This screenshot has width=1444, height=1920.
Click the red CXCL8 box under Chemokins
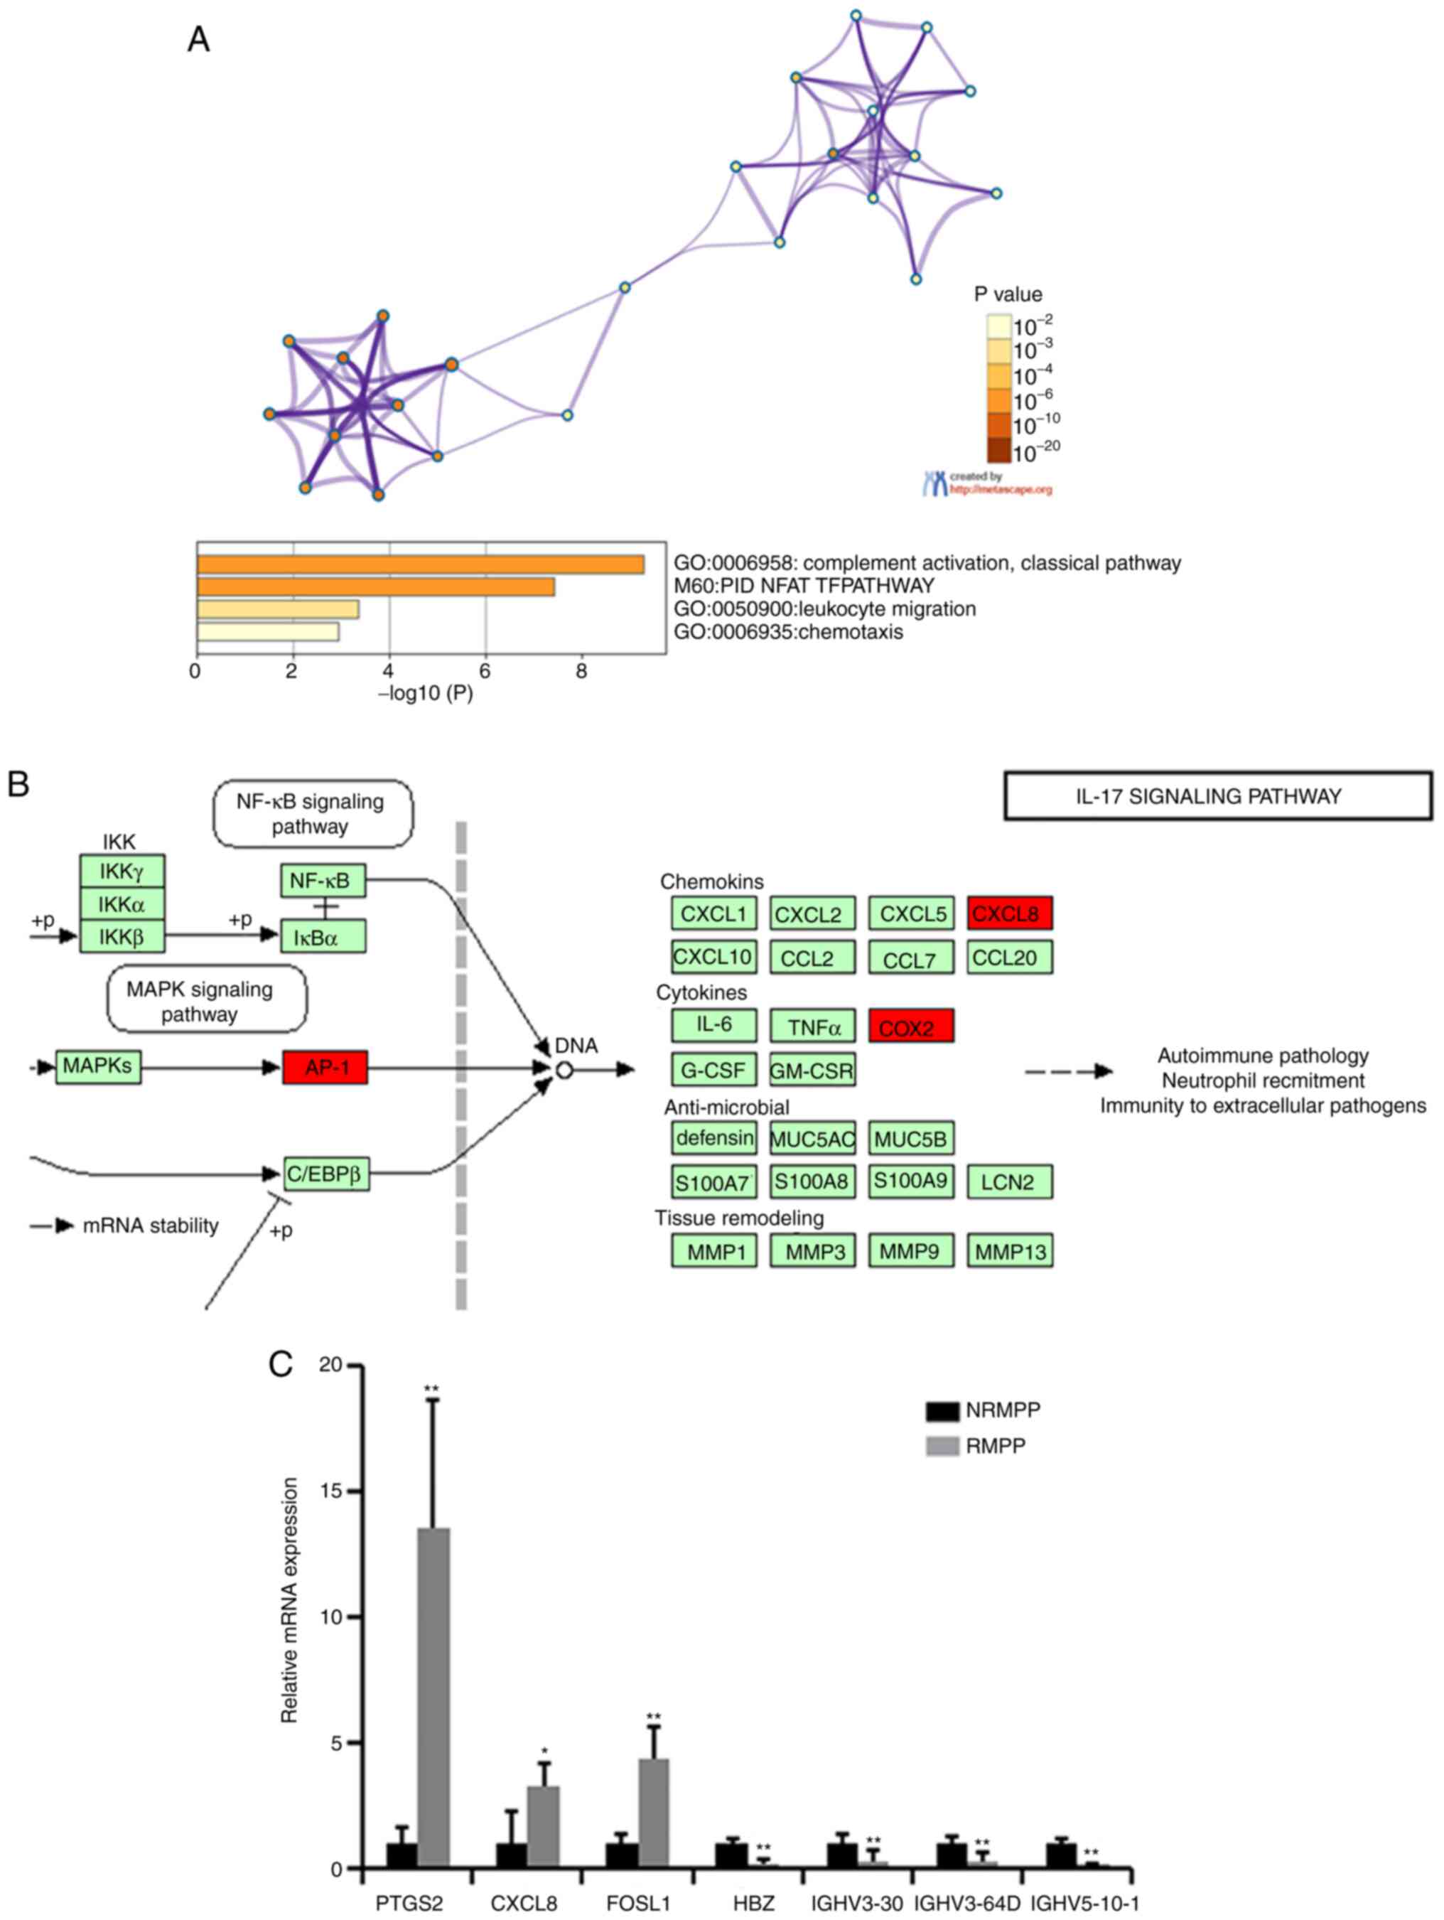(x=1009, y=913)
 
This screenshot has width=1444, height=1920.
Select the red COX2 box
(x=910, y=1025)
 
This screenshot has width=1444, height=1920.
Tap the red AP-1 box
(x=325, y=1067)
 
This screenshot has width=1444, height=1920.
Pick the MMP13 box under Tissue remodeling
(x=1009, y=1251)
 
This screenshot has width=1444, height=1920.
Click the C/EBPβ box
(x=326, y=1174)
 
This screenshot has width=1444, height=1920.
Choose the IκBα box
(x=323, y=937)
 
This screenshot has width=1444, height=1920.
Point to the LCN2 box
(x=1009, y=1181)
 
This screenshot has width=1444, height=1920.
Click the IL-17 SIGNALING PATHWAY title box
(x=1217, y=796)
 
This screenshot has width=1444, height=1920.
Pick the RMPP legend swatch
(x=942, y=1445)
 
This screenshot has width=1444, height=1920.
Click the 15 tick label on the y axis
(x=330, y=1491)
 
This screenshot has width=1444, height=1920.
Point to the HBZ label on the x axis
(x=753, y=1904)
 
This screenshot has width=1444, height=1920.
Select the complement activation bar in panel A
(x=420, y=564)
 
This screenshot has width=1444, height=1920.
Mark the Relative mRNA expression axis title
(x=289, y=1599)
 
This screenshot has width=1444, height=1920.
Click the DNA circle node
(x=564, y=1071)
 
